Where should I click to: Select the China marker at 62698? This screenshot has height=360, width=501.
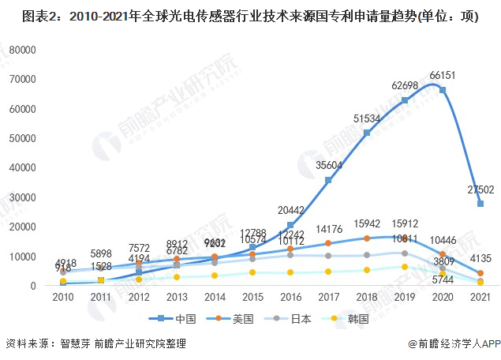(405, 100)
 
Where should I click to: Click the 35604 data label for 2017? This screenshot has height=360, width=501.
(328, 166)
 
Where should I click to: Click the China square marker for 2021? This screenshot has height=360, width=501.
(480, 204)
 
